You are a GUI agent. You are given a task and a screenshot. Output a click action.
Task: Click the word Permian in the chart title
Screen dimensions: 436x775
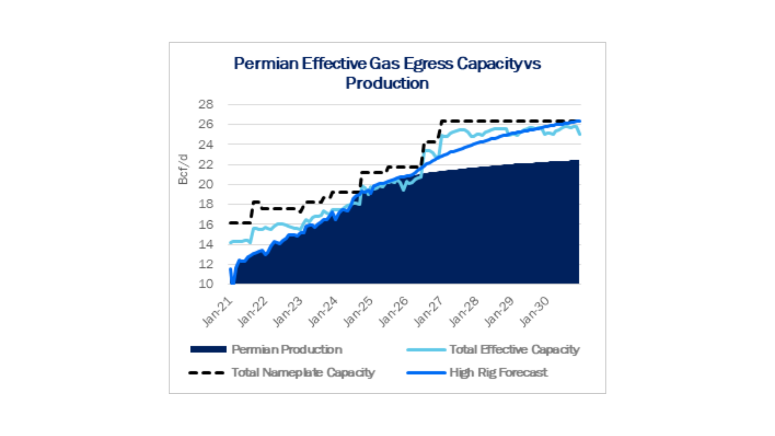click(x=266, y=64)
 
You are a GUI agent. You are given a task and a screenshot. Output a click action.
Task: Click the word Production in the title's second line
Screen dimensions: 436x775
click(x=387, y=83)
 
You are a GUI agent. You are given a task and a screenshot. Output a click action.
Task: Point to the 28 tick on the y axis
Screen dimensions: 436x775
click(x=205, y=104)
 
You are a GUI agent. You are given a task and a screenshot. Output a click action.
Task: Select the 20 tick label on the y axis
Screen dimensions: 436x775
click(x=205, y=184)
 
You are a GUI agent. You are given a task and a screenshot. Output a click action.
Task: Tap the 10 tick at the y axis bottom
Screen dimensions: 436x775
click(x=205, y=284)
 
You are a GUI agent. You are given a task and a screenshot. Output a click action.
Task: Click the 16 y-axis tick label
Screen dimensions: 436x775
click(x=205, y=224)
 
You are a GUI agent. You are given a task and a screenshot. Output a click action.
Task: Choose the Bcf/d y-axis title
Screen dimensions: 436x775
click(x=183, y=169)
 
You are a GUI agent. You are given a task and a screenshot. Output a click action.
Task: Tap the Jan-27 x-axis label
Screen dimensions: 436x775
click(x=429, y=312)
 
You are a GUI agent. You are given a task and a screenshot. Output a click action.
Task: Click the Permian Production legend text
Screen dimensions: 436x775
click(x=287, y=350)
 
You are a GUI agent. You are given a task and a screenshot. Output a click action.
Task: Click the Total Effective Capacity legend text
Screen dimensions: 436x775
click(x=514, y=350)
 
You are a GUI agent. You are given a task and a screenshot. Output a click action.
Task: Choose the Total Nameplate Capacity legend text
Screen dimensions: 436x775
click(x=303, y=373)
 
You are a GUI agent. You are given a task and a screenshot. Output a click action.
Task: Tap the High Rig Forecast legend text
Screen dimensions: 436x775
click(x=499, y=373)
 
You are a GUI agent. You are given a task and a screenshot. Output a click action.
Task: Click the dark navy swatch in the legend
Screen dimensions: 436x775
click(x=208, y=350)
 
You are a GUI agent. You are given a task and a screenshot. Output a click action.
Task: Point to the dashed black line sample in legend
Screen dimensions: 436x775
click(x=206, y=373)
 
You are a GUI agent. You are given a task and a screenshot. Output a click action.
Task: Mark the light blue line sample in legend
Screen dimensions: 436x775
click(x=426, y=350)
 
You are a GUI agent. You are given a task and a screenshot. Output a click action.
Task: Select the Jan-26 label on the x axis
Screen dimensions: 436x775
click(x=394, y=312)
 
